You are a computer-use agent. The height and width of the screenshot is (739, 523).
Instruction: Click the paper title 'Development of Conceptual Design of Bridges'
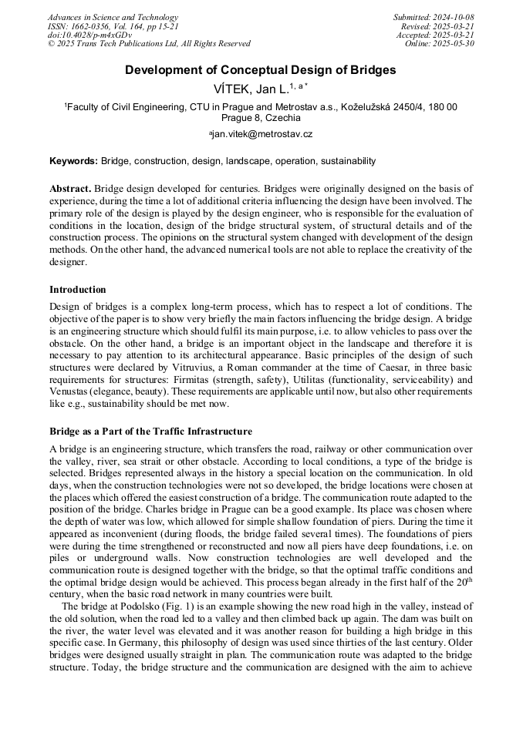click(x=261, y=70)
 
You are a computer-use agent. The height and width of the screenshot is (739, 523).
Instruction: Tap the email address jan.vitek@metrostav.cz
click(x=261, y=134)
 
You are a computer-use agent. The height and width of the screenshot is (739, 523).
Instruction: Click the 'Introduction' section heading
click(x=78, y=290)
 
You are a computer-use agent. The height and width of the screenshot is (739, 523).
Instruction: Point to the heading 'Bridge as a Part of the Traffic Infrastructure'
click(x=150, y=431)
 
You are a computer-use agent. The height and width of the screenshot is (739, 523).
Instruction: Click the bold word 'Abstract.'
click(x=71, y=189)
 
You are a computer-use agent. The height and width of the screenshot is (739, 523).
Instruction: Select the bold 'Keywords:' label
click(x=73, y=161)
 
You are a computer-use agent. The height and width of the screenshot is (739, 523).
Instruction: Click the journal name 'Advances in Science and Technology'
click(x=113, y=17)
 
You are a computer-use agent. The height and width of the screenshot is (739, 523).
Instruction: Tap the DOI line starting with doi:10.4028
click(x=89, y=35)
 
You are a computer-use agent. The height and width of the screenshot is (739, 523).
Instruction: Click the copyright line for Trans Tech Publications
click(x=149, y=44)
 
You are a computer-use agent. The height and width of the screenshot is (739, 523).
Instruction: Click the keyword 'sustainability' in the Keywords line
click(x=346, y=161)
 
